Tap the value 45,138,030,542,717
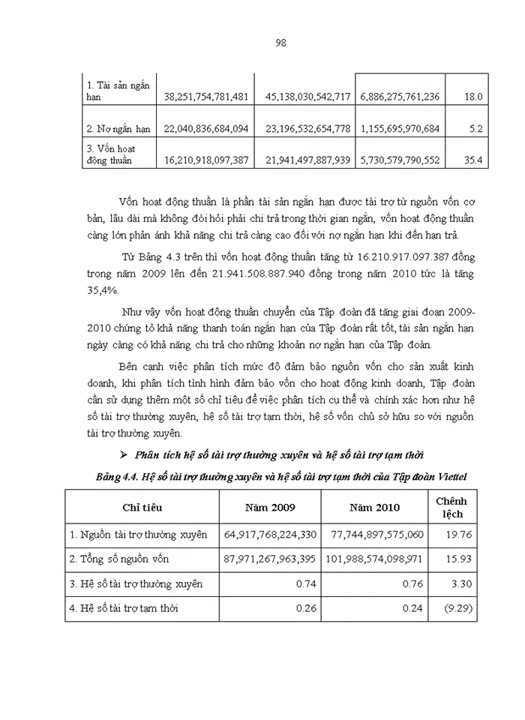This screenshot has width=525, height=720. [x=307, y=97]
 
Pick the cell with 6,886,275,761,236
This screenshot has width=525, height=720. [x=400, y=97]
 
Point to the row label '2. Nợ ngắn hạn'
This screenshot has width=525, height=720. [x=119, y=129]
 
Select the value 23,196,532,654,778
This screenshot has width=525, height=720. [x=307, y=129]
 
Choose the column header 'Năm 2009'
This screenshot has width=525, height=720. [x=270, y=508]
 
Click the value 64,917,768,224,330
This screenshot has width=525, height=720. [x=271, y=535]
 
